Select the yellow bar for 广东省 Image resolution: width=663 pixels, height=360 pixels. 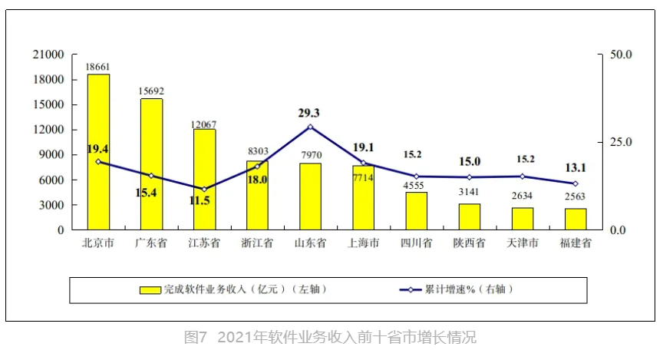pyautogui.click(x=151, y=164)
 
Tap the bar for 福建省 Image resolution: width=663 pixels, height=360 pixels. pyautogui.click(x=576, y=219)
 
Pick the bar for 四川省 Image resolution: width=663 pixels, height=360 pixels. pyautogui.click(x=416, y=210)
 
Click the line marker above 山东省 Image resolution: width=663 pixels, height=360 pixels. pyautogui.click(x=310, y=127)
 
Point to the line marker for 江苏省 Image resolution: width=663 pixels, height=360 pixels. pyautogui.click(x=204, y=189)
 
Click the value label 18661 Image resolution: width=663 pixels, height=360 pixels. pyautogui.click(x=98, y=68)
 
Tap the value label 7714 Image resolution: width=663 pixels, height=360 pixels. pyautogui.click(x=363, y=178)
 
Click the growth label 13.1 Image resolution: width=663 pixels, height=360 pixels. pyautogui.click(x=575, y=168)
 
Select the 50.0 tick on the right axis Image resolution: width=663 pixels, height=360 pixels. pyautogui.click(x=619, y=55)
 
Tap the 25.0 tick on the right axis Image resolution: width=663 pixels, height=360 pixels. pyautogui.click(x=619, y=143)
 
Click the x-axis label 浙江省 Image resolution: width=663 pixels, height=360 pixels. pyautogui.click(x=257, y=243)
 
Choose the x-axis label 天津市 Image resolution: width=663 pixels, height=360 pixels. pyautogui.click(x=522, y=243)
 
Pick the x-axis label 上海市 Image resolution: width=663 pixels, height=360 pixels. pyautogui.click(x=363, y=243)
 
